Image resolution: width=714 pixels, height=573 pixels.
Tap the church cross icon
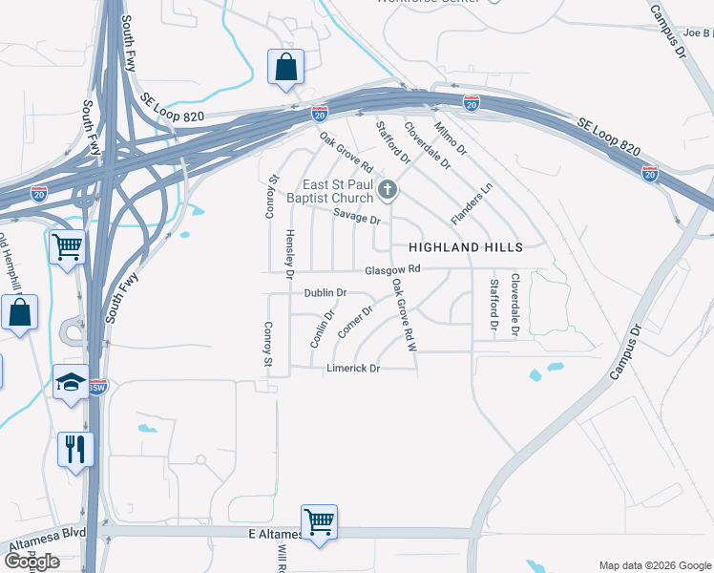388,190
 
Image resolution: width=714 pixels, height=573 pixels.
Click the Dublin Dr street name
325,293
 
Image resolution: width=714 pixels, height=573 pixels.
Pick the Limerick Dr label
353,369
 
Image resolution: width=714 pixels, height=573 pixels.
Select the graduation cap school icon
71,383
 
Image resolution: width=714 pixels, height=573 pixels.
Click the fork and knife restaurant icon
74,447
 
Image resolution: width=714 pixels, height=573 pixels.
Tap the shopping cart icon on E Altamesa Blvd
319,521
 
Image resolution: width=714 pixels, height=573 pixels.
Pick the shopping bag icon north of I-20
285,67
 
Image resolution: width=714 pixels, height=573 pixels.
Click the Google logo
31,562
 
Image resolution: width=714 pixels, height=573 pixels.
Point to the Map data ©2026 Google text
654,565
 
